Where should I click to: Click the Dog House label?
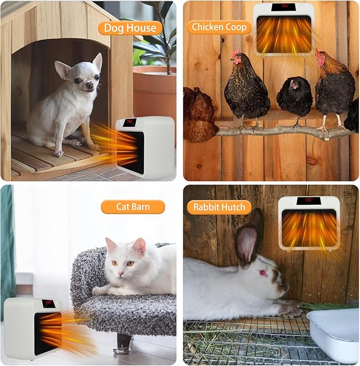pos(129,28)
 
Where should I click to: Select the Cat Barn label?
pos(133,207)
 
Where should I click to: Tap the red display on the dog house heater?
pos(129,123)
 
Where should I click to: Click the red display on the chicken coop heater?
pos(284,7)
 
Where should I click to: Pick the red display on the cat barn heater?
pos(48,303)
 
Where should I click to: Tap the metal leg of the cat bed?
pos(124,343)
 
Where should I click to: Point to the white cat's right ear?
pos(111,245)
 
